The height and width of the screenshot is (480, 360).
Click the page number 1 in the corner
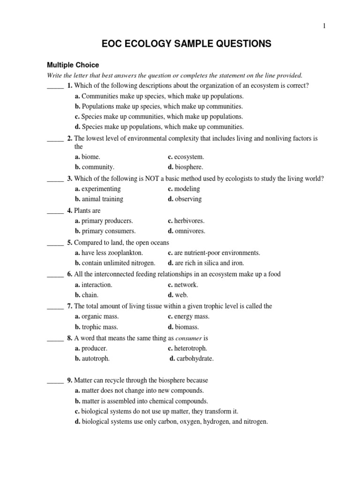[x=323, y=26]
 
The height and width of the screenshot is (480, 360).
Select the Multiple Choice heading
[x=72, y=65]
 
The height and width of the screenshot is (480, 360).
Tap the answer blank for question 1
[x=55, y=86]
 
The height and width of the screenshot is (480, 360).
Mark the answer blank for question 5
[x=55, y=243]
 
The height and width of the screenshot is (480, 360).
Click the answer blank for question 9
[x=55, y=381]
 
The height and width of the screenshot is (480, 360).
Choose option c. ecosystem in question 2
[x=186, y=157]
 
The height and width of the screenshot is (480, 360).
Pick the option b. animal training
[x=99, y=199]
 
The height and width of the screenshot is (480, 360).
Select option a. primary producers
[x=104, y=221]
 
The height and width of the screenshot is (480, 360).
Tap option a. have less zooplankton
[x=109, y=253]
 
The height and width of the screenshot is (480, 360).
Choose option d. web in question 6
[x=178, y=295]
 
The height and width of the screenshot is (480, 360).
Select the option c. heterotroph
[x=187, y=349]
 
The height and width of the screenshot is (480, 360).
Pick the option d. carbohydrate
[x=191, y=359]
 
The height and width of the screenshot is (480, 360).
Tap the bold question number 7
[x=69, y=306]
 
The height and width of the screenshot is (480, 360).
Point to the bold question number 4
[x=69, y=211]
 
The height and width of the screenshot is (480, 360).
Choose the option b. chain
[x=87, y=295]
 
